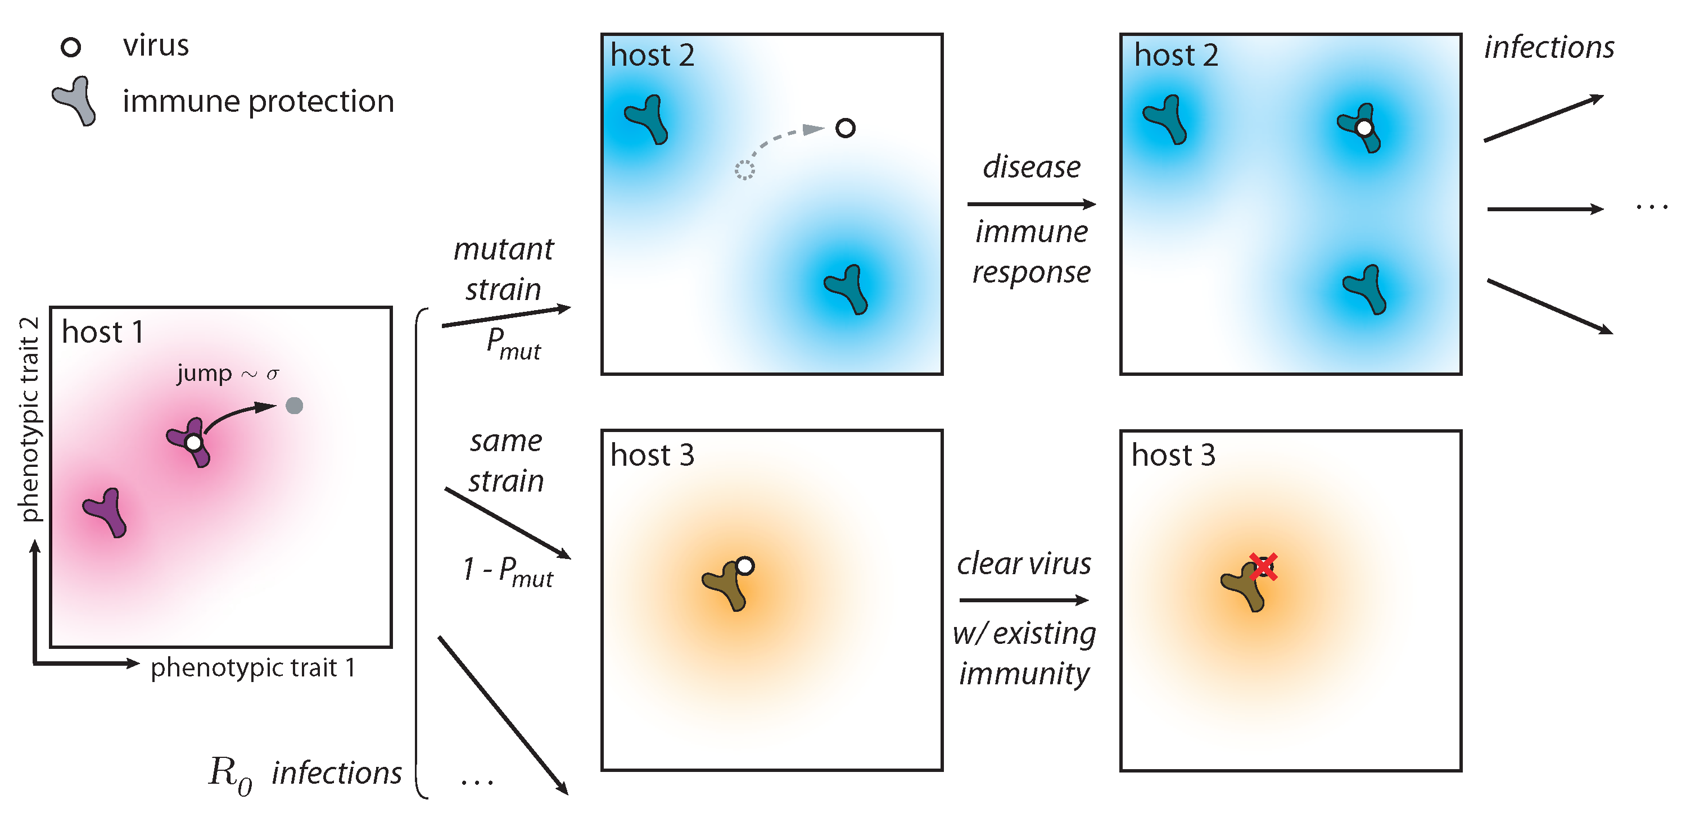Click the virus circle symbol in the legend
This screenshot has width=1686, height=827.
pyautogui.click(x=71, y=47)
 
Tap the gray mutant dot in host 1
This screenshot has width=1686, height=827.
pyautogui.click(x=295, y=406)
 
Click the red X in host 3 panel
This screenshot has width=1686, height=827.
pyautogui.click(x=1263, y=567)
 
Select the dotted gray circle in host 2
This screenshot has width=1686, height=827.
pyautogui.click(x=744, y=170)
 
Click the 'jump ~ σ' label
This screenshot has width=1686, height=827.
pyautogui.click(x=227, y=374)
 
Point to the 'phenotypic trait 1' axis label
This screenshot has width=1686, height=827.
pyautogui.click(x=252, y=668)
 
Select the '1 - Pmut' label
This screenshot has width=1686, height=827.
pyautogui.click(x=507, y=571)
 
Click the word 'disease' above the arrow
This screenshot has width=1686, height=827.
pyautogui.click(x=1032, y=167)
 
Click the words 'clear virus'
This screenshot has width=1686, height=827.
pyautogui.click(x=1024, y=564)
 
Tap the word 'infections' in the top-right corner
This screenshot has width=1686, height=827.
pyautogui.click(x=1549, y=47)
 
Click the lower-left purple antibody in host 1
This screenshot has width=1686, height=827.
pyautogui.click(x=106, y=512)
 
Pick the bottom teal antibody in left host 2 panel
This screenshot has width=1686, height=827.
pyautogui.click(x=847, y=289)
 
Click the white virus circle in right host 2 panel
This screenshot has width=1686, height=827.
pyautogui.click(x=1364, y=128)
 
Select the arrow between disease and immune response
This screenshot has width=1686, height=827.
pyautogui.click(x=1031, y=204)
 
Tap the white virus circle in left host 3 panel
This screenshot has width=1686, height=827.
pyautogui.click(x=745, y=566)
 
